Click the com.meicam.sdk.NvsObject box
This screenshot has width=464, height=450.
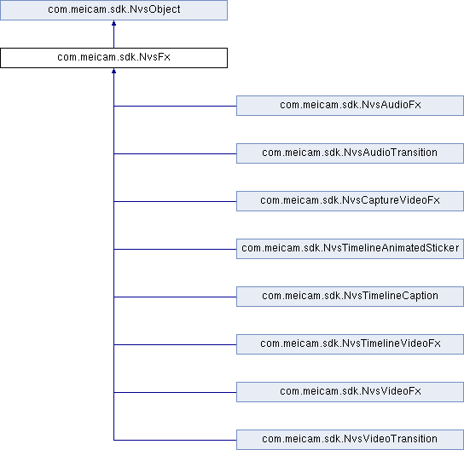click(x=113, y=10)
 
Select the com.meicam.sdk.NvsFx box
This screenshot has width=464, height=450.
click(x=113, y=58)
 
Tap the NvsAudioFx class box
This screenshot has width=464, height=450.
click(x=350, y=106)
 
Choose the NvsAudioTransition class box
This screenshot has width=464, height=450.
click(x=350, y=153)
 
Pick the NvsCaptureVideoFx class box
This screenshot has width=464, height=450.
click(x=350, y=201)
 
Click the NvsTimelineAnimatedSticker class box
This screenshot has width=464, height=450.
click(x=350, y=249)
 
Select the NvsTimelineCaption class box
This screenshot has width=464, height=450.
click(x=350, y=297)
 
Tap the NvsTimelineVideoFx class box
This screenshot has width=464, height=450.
click(x=350, y=344)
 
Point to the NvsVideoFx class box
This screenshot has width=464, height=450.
click(x=350, y=392)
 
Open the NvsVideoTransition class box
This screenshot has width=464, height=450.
click(x=350, y=440)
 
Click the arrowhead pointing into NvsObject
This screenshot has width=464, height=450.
click(x=113, y=23)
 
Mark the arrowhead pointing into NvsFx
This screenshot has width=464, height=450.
click(x=113, y=71)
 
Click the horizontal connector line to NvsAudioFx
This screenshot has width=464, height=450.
click(x=175, y=106)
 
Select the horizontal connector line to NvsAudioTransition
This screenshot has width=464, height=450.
click(x=175, y=153)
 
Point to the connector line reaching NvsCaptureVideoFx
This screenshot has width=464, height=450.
click(x=175, y=201)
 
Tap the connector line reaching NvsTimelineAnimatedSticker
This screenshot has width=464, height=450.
click(x=175, y=249)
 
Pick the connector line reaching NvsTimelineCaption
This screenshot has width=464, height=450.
click(x=175, y=297)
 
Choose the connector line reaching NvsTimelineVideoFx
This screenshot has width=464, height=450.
click(x=175, y=344)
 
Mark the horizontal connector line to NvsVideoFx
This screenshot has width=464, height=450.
click(x=175, y=392)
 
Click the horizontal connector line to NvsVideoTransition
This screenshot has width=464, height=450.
click(x=175, y=440)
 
